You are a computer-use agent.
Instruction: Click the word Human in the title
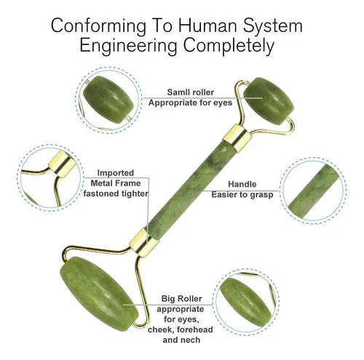pyautogui.click(x=209, y=25)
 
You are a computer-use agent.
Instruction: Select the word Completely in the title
pyautogui.click(x=229, y=46)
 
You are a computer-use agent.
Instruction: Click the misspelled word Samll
pyautogui.click(x=178, y=92)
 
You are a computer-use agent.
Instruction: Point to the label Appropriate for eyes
pyautogui.click(x=191, y=103)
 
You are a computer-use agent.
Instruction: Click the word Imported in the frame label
pyautogui.click(x=116, y=173)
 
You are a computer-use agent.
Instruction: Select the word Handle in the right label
pyautogui.click(x=242, y=184)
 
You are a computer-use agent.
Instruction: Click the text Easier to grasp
pyautogui.click(x=242, y=195)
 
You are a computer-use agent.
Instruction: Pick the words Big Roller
pyautogui.click(x=181, y=299)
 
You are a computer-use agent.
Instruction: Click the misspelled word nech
pyautogui.click(x=191, y=340)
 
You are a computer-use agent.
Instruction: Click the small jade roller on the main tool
pyautogui.click(x=269, y=101)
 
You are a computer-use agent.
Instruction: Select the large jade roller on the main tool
pyautogui.click(x=99, y=290)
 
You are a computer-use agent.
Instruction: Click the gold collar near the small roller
pyautogui.click(x=237, y=138)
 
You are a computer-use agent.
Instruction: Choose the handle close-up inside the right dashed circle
pyautogui.click(x=313, y=191)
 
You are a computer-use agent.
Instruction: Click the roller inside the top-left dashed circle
pyautogui.click(x=108, y=103)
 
